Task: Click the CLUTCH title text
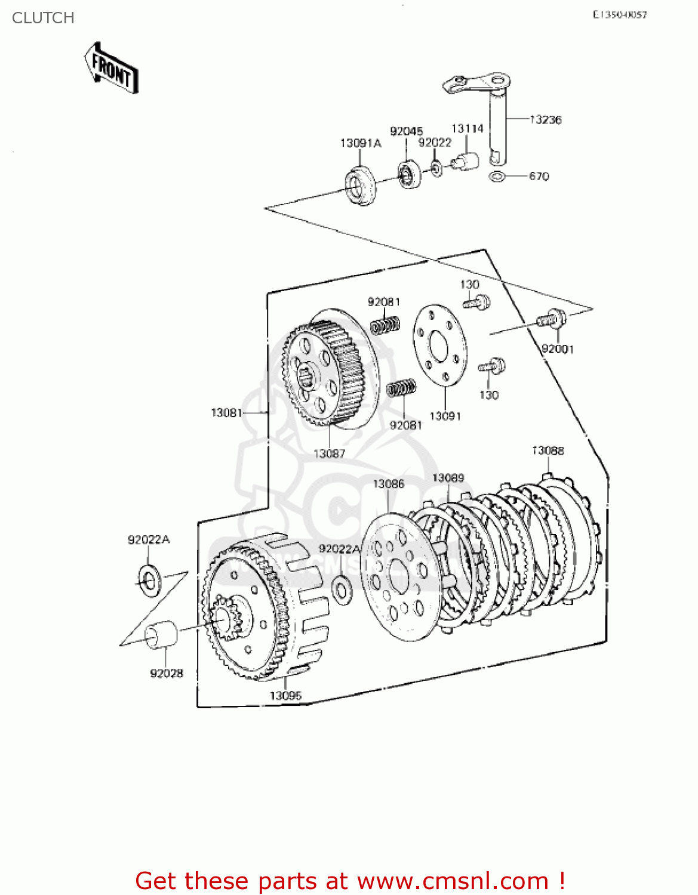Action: pos(43,18)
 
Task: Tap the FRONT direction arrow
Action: pos(112,67)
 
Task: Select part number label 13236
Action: pos(546,119)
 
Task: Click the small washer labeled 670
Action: pos(496,177)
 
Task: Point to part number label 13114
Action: pos(467,128)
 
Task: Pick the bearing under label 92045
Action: pos(409,175)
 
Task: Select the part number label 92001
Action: pos(558,349)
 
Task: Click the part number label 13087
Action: pos(330,453)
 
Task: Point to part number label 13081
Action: pos(226,412)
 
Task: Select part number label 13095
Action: pos(285,696)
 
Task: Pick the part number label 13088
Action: pos(548,450)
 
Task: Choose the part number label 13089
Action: pos(448,478)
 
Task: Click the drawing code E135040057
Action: pos(619,15)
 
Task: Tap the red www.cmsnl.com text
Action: pos(453,881)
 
